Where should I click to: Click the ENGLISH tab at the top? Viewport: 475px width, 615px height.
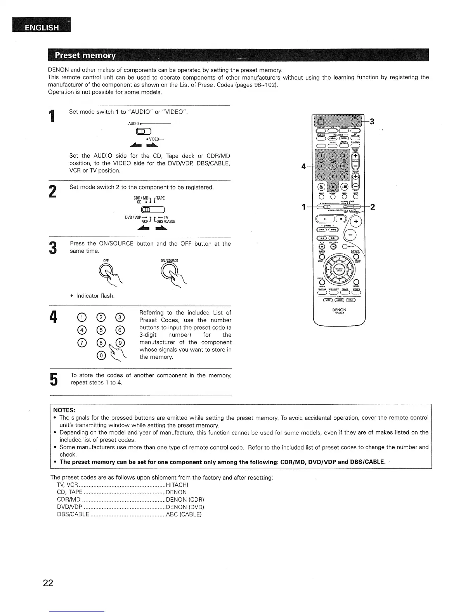(42, 28)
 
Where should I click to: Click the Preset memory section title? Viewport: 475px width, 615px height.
(85, 55)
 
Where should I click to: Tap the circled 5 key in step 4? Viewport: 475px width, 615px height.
(101, 330)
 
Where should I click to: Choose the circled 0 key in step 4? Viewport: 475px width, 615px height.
(101, 355)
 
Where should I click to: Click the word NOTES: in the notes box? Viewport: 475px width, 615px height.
(64, 410)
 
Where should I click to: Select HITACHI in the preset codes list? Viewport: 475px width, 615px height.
(177, 485)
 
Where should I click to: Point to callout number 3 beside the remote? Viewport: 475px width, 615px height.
(372, 122)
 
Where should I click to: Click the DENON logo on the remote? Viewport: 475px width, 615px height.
(339, 310)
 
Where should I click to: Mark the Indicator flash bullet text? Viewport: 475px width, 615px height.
(95, 296)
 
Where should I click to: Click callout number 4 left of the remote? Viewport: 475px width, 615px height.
(303, 167)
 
